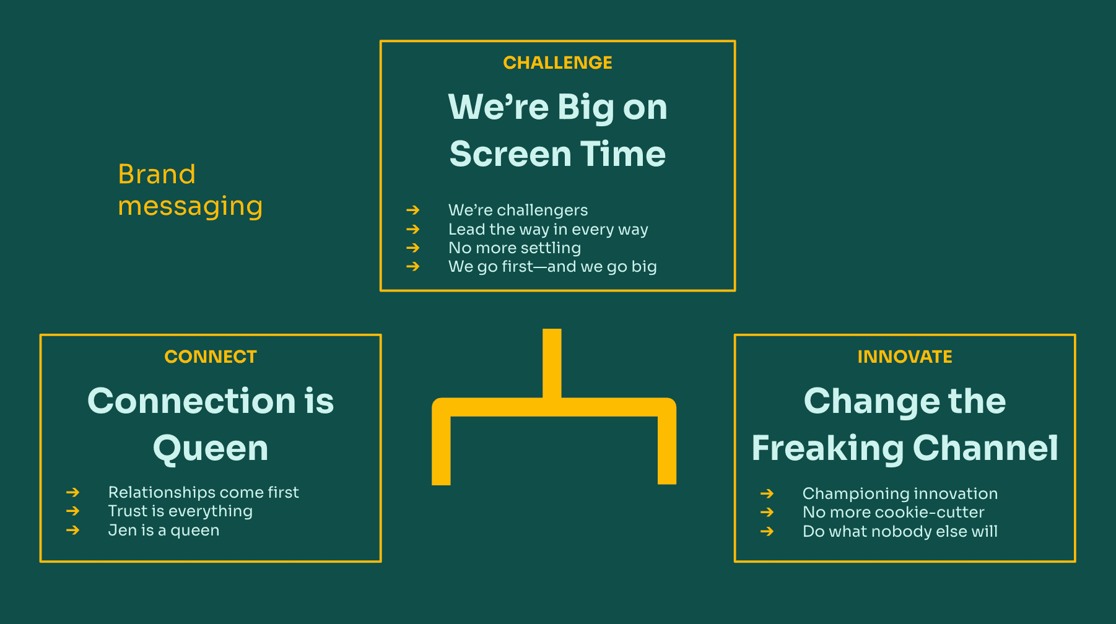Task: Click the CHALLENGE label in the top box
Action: coord(557,63)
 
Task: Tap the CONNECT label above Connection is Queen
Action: coord(211,357)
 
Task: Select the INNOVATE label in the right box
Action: coord(905,357)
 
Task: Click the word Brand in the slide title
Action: coord(157,174)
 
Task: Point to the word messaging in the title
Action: coord(190,207)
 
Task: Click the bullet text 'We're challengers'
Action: coord(518,210)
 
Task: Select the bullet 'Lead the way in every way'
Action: coord(548,229)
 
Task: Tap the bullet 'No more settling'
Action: coord(515,248)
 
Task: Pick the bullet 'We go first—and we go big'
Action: coord(552,266)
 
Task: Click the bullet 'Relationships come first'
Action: coord(203,492)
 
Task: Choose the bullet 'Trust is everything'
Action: coord(180,511)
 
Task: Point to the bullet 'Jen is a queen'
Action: coord(163,530)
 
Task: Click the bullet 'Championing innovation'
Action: coord(900,493)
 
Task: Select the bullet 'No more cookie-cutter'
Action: coord(893,512)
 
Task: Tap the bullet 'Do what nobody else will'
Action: coord(900,531)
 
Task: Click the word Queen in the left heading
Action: coord(211,448)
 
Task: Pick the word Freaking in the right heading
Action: coord(827,448)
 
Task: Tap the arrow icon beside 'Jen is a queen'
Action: coord(73,530)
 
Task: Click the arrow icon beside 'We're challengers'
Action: coord(413,210)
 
